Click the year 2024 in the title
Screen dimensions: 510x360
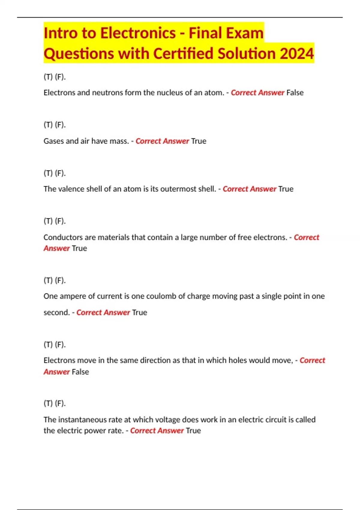click(x=297, y=53)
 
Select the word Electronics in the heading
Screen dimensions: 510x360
click(x=138, y=33)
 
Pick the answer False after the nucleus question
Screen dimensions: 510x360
click(x=295, y=93)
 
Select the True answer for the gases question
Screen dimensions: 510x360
click(x=199, y=141)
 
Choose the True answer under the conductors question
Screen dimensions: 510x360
click(x=79, y=248)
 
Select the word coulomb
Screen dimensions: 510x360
click(x=161, y=296)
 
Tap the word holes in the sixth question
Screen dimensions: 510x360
click(x=238, y=360)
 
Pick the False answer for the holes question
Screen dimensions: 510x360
click(x=80, y=372)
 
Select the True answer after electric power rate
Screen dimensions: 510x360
click(x=193, y=430)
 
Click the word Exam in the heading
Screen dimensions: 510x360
click(x=245, y=33)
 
